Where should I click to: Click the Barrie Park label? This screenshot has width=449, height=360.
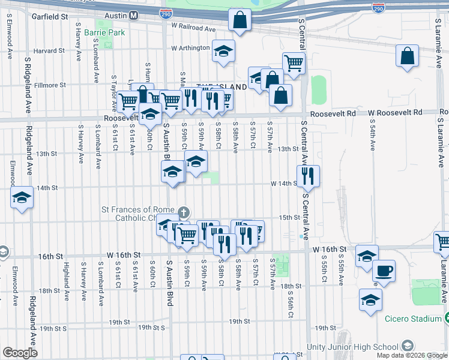tap(104, 32)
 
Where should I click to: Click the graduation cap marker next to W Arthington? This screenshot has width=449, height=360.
tap(223, 52)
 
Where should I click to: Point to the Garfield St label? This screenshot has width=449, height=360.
tap(50, 17)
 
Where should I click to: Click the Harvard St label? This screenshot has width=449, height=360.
tap(49, 50)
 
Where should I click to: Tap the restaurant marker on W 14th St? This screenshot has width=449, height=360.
tap(308, 176)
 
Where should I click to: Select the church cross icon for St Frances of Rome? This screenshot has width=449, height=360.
tap(184, 212)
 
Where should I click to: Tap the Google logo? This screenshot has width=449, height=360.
tap(20, 353)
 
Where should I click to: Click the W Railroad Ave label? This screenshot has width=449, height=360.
tap(193, 28)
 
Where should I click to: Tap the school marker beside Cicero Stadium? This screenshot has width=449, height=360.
tap(370, 299)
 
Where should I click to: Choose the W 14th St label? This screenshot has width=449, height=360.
tap(284, 184)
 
